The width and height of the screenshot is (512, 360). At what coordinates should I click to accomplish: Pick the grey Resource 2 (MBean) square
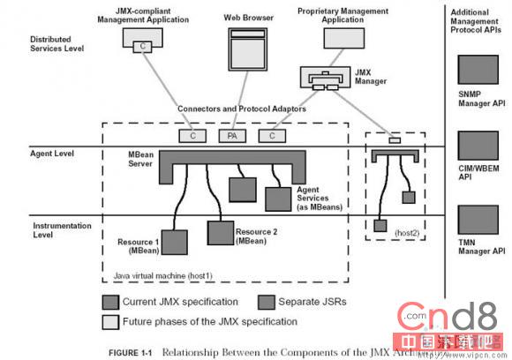click(220, 232)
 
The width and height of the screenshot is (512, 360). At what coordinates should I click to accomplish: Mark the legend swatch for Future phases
click(110, 320)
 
